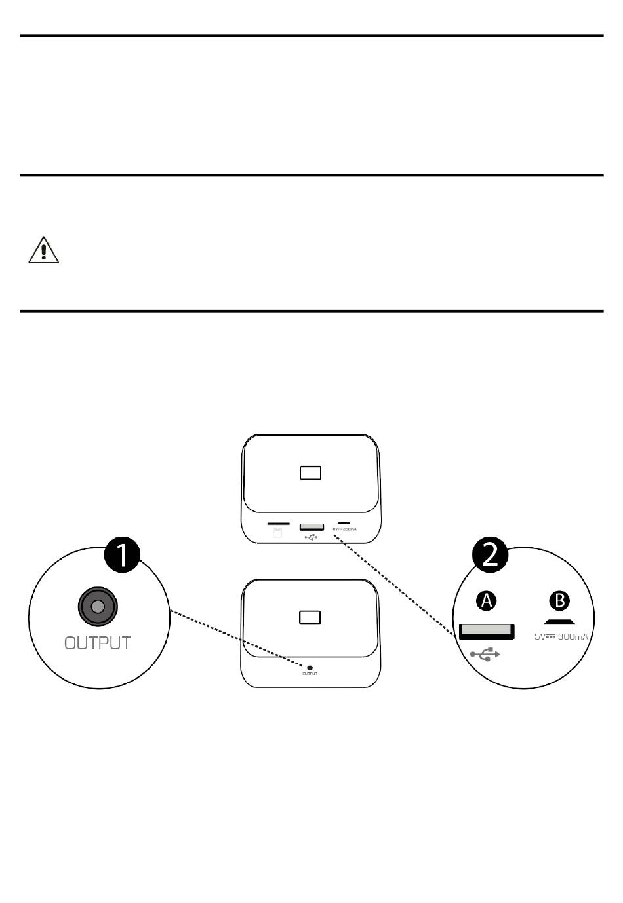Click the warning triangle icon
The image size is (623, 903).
(x=44, y=250)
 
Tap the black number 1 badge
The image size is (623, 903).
(x=123, y=556)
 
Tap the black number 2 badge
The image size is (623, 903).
(x=491, y=556)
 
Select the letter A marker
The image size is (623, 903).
(x=487, y=600)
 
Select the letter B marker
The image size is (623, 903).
(x=559, y=600)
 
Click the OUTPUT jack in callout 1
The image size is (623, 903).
(x=98, y=607)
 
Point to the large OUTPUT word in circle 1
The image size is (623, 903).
(x=98, y=643)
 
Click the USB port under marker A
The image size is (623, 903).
(x=486, y=631)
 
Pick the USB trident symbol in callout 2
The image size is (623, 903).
(x=485, y=653)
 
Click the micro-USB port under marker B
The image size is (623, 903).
(x=559, y=622)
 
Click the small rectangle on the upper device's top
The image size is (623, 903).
(x=310, y=472)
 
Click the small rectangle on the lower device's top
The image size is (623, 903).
(x=310, y=617)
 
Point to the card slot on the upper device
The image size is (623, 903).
(x=279, y=524)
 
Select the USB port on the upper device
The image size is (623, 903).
(x=311, y=526)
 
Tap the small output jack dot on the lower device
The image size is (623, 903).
(x=310, y=668)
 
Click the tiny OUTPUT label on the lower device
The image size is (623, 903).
(x=310, y=674)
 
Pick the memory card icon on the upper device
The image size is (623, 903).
(x=277, y=533)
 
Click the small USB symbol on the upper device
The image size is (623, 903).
(x=311, y=537)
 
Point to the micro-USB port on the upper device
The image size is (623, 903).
(x=344, y=524)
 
